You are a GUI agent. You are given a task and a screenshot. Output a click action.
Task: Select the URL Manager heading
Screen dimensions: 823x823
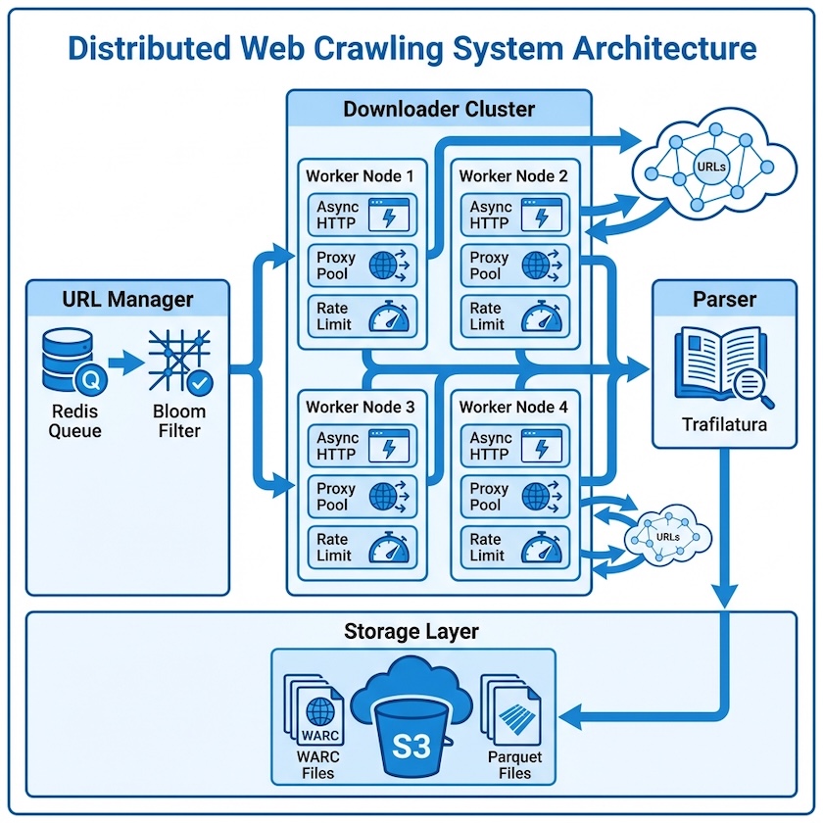click(x=127, y=299)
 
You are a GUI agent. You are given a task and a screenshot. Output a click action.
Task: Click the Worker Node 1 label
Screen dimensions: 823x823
click(x=360, y=176)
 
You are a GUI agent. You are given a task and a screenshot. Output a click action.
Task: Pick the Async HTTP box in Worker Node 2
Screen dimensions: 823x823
click(x=515, y=215)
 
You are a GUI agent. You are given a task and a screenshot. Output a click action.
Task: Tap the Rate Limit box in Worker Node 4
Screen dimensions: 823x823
click(x=515, y=548)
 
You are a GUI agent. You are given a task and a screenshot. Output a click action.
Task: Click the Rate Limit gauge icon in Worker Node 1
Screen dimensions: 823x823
click(x=391, y=317)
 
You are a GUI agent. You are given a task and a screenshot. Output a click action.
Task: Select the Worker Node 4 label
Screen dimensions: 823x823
click(x=512, y=406)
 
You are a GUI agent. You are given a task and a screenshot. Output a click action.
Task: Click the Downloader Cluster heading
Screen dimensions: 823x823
click(x=438, y=108)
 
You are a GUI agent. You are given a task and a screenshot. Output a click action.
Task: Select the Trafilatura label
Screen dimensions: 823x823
click(x=723, y=425)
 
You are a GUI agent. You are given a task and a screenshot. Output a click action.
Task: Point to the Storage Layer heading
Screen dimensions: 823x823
click(x=411, y=631)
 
